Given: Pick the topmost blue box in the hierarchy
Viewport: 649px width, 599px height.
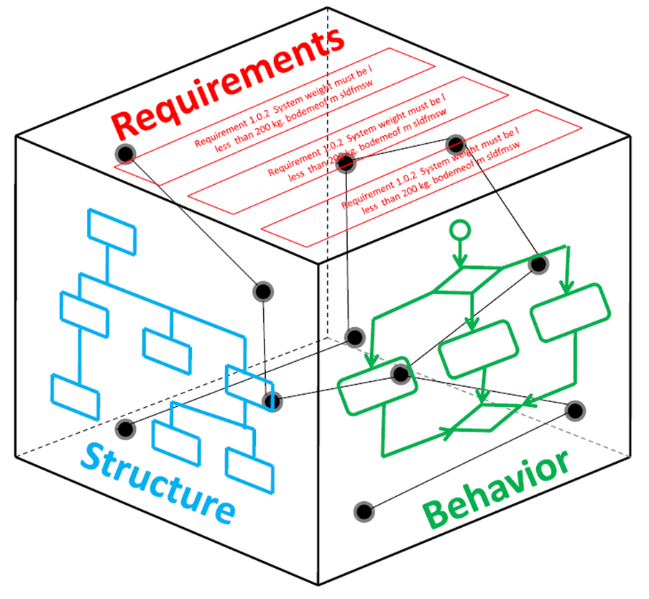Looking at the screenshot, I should pos(111,230).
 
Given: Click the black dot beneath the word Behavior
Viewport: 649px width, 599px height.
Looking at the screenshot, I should pos(364,512).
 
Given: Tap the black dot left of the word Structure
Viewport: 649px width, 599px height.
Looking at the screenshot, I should pos(126,429).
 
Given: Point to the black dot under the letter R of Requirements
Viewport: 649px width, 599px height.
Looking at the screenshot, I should pos(126,153).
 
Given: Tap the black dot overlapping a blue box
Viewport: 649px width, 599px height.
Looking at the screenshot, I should pos(271,401).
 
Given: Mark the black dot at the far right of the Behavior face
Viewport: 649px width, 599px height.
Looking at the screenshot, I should pos(574,410).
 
